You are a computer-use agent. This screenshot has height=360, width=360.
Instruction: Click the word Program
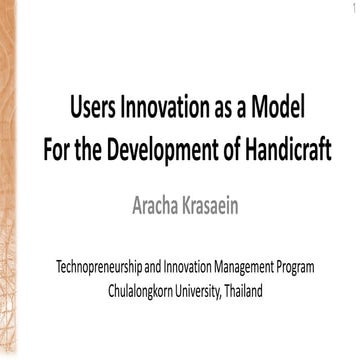point(317,269)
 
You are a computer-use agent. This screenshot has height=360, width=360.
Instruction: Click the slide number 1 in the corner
point(352,8)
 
